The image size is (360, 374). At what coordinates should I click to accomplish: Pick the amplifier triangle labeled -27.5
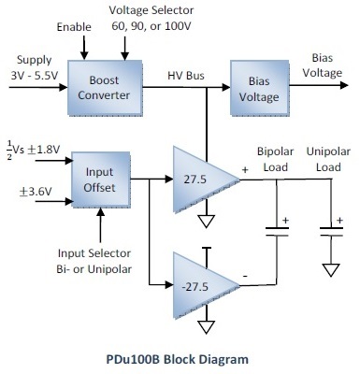[x=200, y=279]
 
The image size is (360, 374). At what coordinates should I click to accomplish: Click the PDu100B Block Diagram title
[x=180, y=357]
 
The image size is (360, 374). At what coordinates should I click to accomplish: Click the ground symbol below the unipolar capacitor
[x=329, y=268]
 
